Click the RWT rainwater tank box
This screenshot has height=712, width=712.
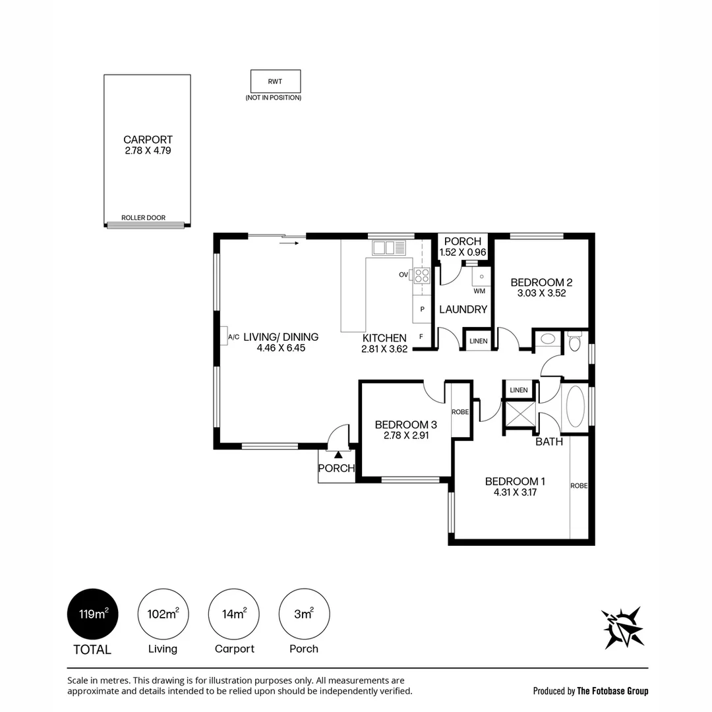click(x=276, y=81)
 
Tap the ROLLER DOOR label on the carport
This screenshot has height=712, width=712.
click(x=144, y=218)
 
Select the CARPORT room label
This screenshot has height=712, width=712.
click(x=148, y=140)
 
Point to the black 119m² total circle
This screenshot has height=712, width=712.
click(x=93, y=614)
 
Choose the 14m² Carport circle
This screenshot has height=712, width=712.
click(x=234, y=614)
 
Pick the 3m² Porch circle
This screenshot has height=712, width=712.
click(x=304, y=614)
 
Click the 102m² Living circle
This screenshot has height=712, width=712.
click(x=163, y=614)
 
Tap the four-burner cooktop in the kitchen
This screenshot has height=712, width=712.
click(x=422, y=276)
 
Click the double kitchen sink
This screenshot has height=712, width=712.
click(x=389, y=248)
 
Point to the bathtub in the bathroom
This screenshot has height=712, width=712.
click(x=575, y=406)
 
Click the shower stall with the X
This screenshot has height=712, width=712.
click(x=520, y=413)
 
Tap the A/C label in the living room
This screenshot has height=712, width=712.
click(x=233, y=337)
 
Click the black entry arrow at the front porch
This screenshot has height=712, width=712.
click(x=338, y=454)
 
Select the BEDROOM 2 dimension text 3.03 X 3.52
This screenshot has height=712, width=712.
click(x=542, y=293)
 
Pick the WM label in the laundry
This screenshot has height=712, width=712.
click(x=479, y=291)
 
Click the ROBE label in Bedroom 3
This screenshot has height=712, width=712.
click(x=460, y=412)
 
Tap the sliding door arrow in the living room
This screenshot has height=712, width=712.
click(x=289, y=243)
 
